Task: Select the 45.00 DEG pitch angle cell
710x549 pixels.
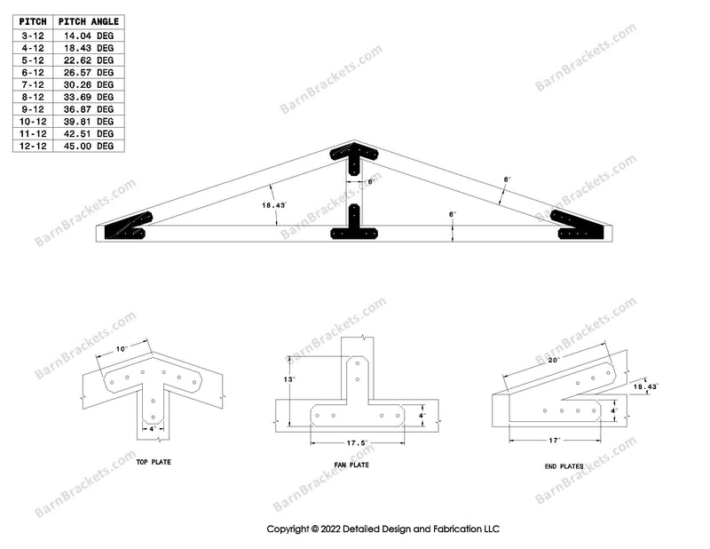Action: click(92, 146)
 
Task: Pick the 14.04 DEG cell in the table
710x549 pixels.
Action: click(92, 36)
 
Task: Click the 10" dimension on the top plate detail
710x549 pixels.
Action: click(122, 348)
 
